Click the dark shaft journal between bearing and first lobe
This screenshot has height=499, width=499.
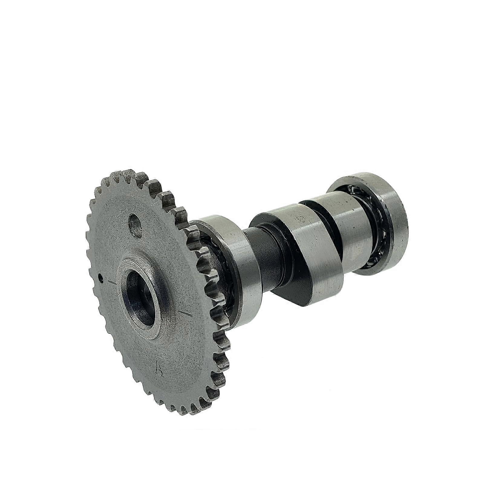pyautogui.click(x=266, y=257)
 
